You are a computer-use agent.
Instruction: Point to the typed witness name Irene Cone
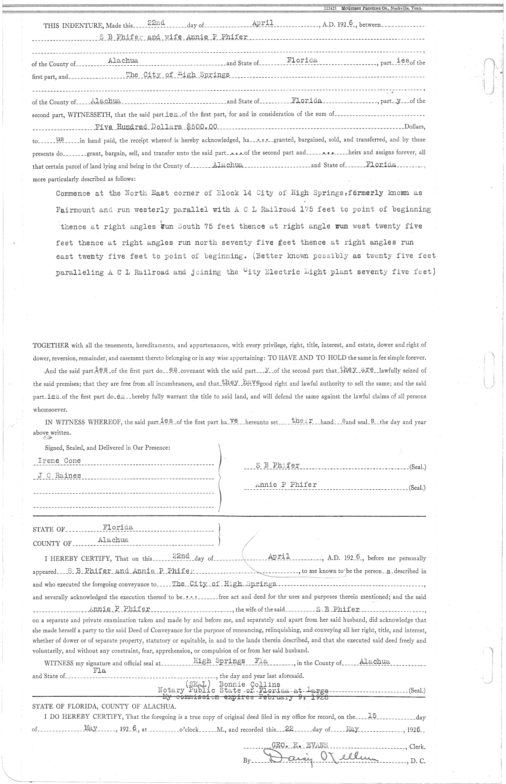pos(59,461)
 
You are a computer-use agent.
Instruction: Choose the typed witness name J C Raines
pos(59,476)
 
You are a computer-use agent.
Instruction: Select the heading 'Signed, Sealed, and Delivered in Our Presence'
pos(108,448)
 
